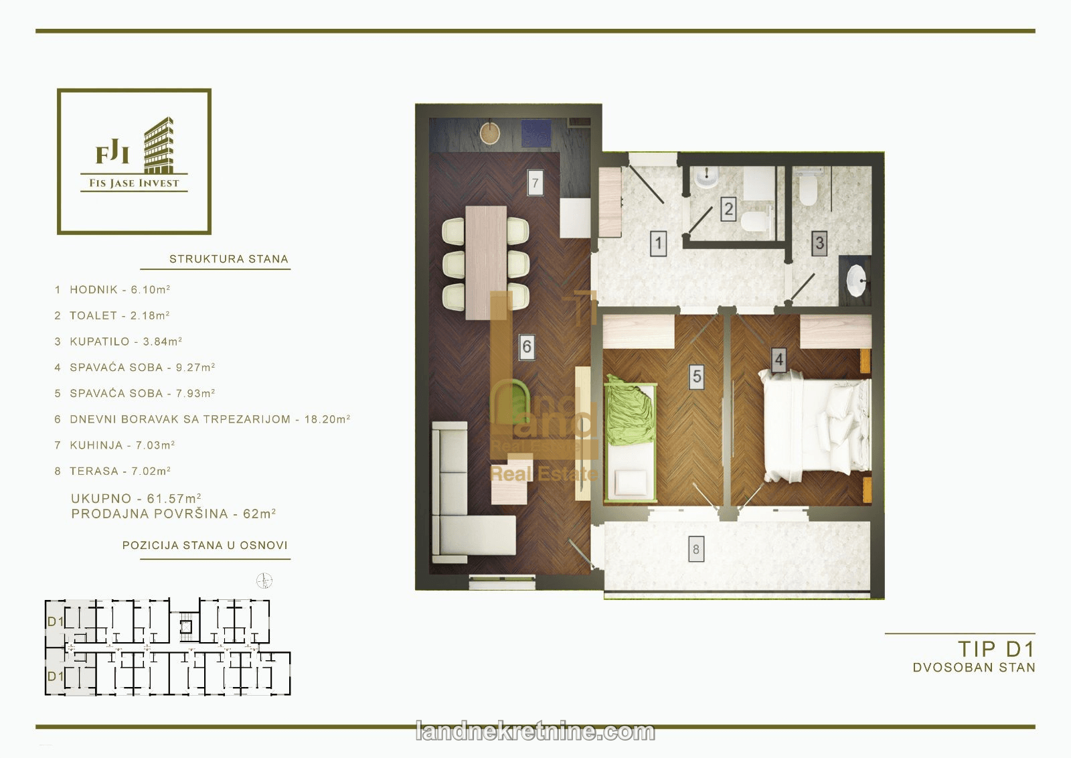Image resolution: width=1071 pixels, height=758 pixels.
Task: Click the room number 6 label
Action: [x=526, y=346]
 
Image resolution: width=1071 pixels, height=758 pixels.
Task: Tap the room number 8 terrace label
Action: [x=696, y=550]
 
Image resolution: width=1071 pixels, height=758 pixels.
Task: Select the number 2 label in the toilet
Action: [x=728, y=209]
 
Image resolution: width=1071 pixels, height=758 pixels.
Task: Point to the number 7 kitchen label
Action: [x=535, y=182]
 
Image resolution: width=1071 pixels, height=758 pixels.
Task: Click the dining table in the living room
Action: [x=486, y=262]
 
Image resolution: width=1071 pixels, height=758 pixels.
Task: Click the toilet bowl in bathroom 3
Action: [x=808, y=188]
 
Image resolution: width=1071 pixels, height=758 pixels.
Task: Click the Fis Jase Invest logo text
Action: [x=134, y=183]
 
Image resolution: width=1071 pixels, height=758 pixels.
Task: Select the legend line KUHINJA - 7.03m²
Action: [x=114, y=445]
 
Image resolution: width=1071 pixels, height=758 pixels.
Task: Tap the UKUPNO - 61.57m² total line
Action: [x=136, y=498]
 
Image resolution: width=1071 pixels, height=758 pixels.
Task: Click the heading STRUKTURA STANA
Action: [x=228, y=259]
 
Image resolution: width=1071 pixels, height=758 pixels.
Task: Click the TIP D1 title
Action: [x=997, y=649]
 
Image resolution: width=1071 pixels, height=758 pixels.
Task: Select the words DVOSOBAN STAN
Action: [x=974, y=668]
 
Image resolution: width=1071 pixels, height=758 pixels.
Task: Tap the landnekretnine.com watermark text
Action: [x=535, y=732]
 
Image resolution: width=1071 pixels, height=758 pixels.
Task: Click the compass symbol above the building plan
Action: [x=264, y=581]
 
